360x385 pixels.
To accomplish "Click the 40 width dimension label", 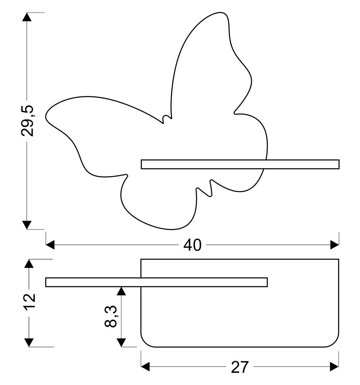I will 192,245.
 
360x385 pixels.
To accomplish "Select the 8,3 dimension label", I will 111,317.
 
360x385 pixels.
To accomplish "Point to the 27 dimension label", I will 240,367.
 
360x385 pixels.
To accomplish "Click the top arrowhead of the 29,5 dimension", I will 27,17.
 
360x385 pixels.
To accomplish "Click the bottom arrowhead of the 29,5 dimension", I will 27,224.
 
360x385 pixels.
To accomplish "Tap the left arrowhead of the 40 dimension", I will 51,245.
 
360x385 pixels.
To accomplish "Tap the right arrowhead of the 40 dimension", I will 334,245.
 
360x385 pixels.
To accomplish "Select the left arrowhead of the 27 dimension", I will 146,367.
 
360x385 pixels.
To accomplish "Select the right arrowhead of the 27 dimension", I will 334,367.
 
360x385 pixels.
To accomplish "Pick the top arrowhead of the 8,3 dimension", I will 122,291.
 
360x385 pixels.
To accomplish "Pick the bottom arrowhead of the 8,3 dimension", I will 122,342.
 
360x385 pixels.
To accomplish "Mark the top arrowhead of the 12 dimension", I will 29,264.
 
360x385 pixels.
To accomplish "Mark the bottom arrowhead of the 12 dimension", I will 29,342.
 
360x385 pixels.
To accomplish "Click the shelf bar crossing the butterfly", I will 240,164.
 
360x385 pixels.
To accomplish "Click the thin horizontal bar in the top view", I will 157,282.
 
